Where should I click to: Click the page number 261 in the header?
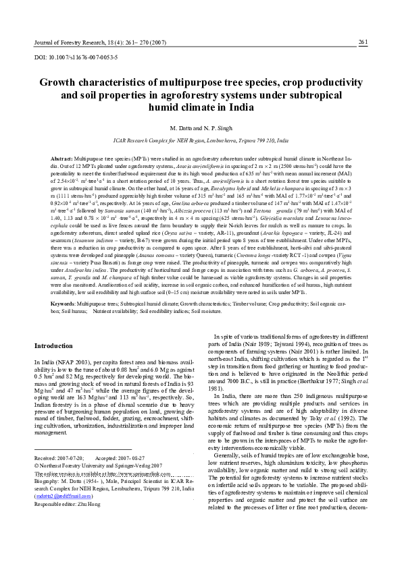tap(363, 42)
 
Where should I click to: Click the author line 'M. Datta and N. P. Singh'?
tap(201, 128)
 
